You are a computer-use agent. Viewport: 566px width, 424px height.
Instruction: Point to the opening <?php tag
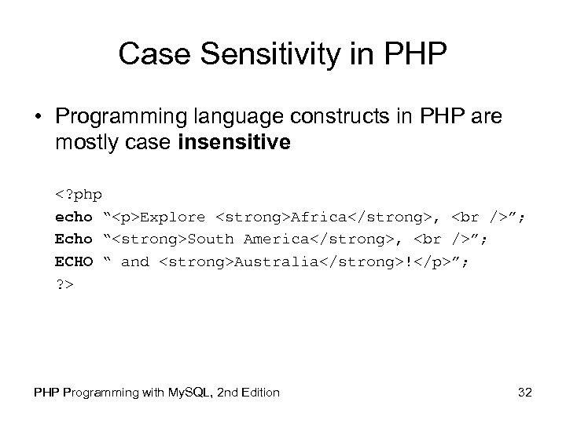coord(79,193)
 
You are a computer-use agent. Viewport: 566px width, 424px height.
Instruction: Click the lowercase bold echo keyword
coord(74,216)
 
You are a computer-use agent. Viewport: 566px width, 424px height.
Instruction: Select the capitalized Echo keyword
coord(74,239)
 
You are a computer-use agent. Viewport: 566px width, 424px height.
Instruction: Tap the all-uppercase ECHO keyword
coord(74,261)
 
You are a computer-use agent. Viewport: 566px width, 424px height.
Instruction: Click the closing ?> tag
coord(64,284)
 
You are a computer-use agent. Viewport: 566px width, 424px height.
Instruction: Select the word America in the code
coord(274,239)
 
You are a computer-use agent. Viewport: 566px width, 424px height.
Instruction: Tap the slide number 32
coord(525,392)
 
